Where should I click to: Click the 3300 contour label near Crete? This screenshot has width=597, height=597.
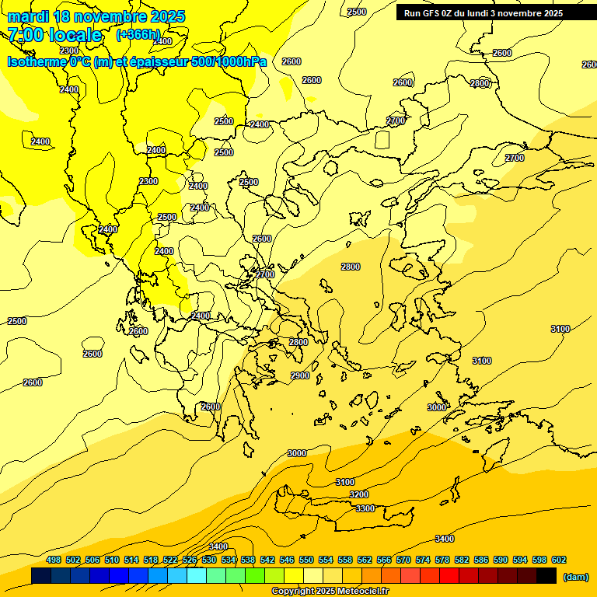(x=365, y=508)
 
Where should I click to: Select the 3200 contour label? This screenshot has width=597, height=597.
(x=359, y=494)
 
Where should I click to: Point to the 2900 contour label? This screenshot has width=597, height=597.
(x=300, y=375)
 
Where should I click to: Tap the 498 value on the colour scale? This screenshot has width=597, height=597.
(x=54, y=560)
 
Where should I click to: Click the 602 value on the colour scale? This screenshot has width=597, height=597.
(x=559, y=560)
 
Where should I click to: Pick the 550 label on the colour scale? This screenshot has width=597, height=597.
(x=306, y=560)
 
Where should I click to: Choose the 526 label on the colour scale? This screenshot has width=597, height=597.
(x=190, y=560)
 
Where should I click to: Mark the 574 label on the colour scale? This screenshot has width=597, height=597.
(x=423, y=560)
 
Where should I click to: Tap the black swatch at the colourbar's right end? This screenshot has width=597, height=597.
(x=546, y=575)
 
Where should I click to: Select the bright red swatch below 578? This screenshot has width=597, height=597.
(x=449, y=575)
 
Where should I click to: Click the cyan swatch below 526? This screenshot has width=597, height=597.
(x=197, y=575)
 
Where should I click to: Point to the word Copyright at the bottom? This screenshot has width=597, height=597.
(x=292, y=591)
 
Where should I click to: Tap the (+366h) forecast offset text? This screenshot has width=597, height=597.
(x=138, y=34)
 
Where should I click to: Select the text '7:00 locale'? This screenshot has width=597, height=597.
(x=54, y=35)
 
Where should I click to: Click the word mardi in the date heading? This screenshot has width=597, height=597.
(x=26, y=16)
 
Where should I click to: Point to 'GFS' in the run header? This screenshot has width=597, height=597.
(x=432, y=13)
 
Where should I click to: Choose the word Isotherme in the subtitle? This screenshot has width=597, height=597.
(x=37, y=61)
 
